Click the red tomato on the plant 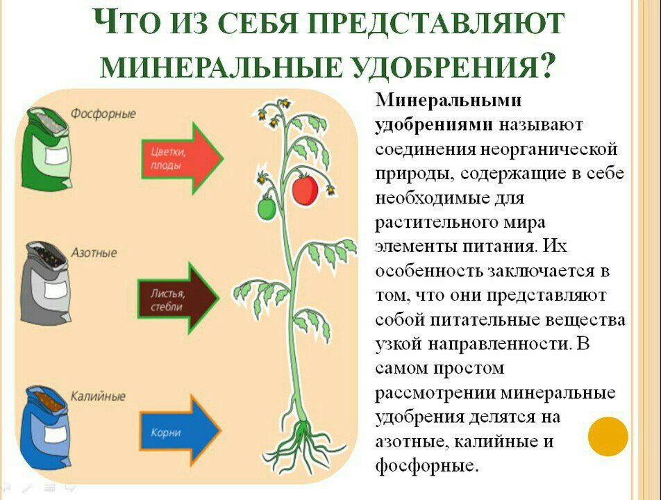tap(305, 190)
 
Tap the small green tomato tap(267, 207)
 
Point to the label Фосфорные tap(103, 114)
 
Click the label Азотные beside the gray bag tap(94, 253)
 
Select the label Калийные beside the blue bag tap(98, 397)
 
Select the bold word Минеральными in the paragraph tap(448, 100)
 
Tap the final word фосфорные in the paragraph tap(427, 465)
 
